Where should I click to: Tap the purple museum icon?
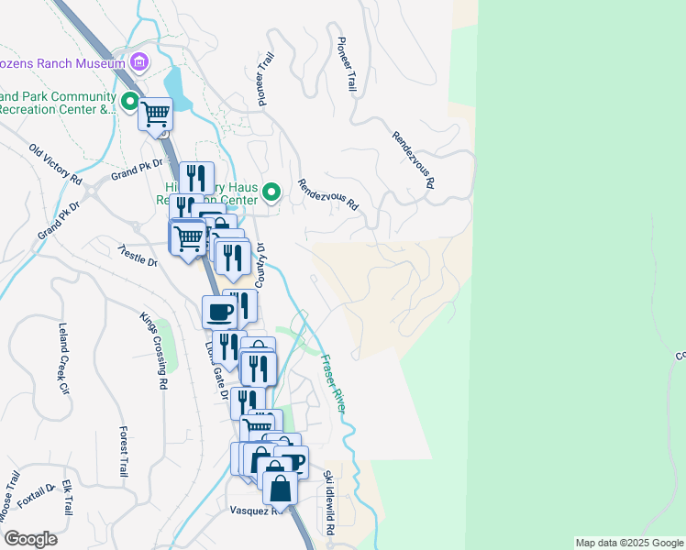(x=139, y=63)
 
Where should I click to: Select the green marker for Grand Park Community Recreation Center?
(x=129, y=101)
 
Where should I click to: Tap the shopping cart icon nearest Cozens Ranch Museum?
(x=155, y=115)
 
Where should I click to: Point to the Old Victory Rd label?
(x=55, y=164)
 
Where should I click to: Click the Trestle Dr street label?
(x=138, y=256)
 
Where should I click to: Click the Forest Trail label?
(x=123, y=451)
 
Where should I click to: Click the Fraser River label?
(x=331, y=382)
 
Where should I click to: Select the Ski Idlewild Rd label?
(x=329, y=503)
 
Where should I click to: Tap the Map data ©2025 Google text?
(x=628, y=543)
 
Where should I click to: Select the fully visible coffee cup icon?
(x=220, y=312)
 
